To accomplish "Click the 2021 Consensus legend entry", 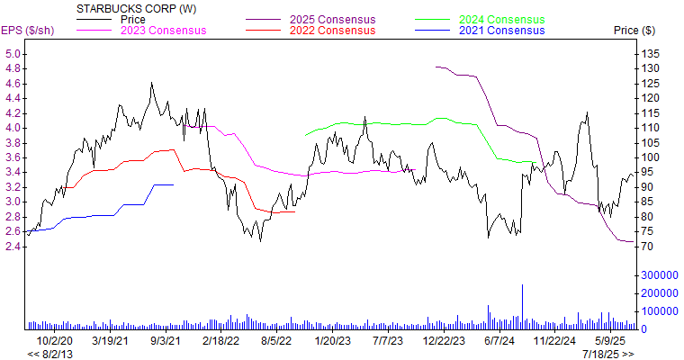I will pyautogui.click(x=501, y=31).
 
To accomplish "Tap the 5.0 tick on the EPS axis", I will pyautogui.click(x=13, y=53).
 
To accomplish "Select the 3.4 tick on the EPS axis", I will pyautogui.click(x=13, y=172).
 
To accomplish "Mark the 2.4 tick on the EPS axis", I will pyautogui.click(x=13, y=246).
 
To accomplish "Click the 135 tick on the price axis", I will pyautogui.click(x=649, y=53).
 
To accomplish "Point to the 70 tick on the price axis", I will pyautogui.click(x=646, y=246).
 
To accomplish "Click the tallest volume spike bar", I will pyautogui.click(x=521, y=307).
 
